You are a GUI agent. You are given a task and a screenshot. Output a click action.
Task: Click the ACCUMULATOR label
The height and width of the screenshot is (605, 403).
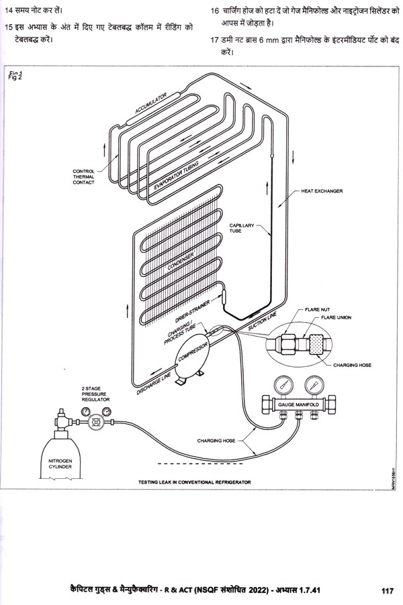[x=150, y=105]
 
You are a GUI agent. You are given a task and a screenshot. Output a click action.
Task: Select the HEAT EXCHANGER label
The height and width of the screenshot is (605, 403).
[x=321, y=191]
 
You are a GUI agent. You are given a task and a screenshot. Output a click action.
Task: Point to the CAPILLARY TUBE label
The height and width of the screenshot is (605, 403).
[x=240, y=228]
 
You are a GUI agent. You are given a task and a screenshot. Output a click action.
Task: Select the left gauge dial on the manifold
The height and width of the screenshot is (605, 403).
[x=284, y=386]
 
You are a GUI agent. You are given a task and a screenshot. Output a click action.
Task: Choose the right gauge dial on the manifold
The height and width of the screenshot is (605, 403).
[x=311, y=386]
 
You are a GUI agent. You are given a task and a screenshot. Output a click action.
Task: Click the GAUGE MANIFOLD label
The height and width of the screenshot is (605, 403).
[x=298, y=406]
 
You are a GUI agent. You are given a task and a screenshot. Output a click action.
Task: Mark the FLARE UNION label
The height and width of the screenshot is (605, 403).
[x=336, y=317]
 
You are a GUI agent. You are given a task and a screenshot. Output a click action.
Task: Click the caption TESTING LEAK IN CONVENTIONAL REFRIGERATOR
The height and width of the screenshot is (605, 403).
[x=194, y=482]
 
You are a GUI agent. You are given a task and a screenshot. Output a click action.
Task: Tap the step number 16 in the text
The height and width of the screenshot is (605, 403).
[x=215, y=11]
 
